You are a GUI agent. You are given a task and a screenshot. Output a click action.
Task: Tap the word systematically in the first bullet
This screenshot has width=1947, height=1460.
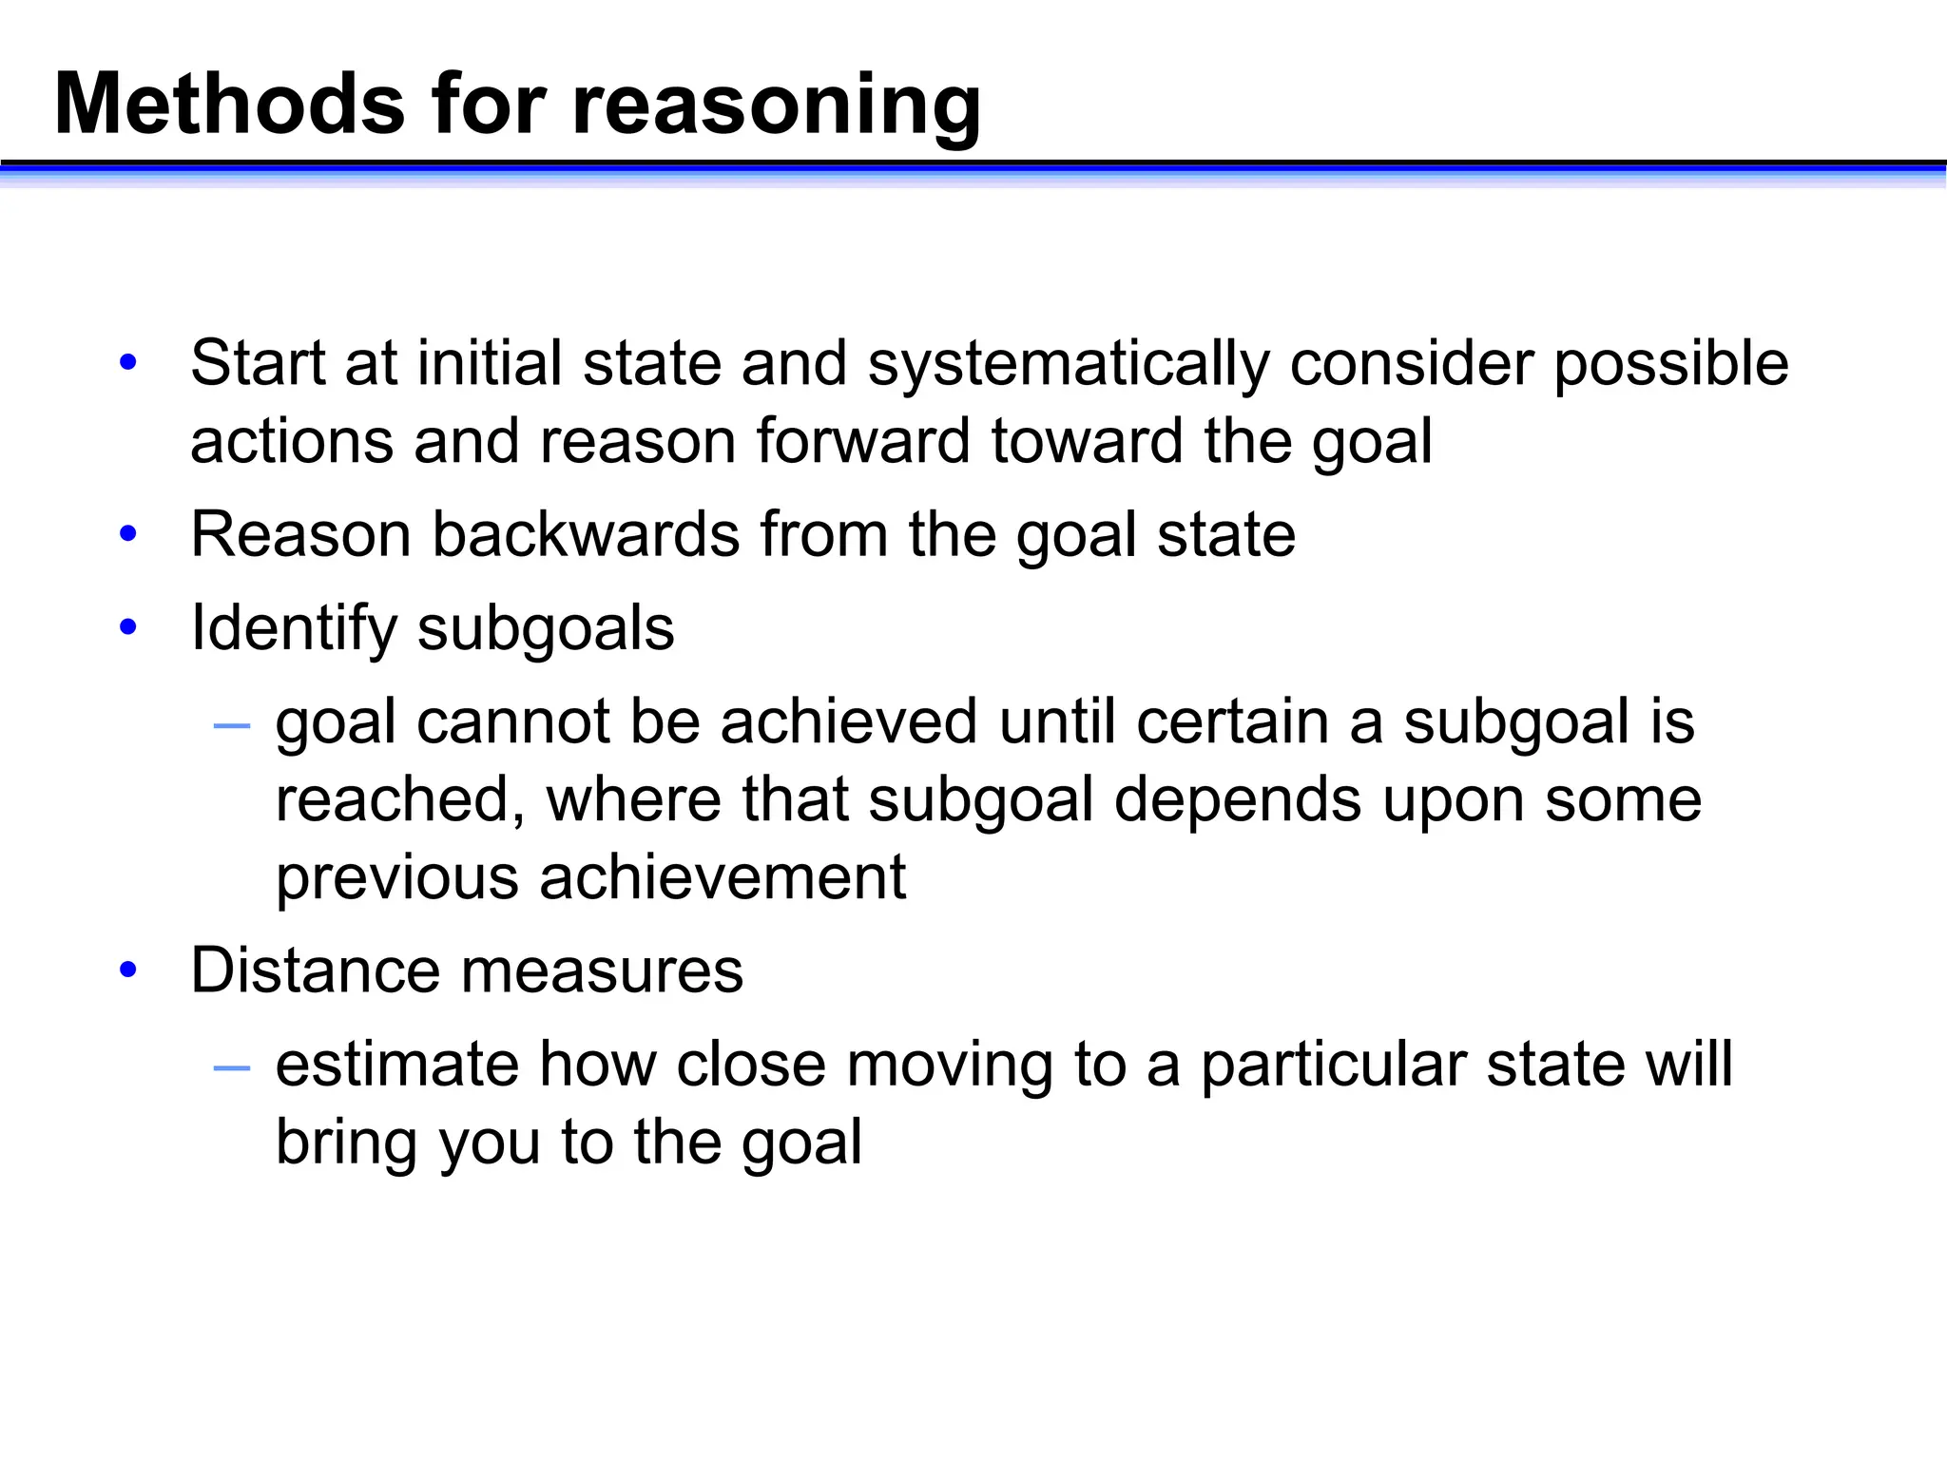[x=1069, y=365]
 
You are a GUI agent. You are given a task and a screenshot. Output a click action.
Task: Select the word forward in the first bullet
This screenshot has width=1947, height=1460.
[x=863, y=442]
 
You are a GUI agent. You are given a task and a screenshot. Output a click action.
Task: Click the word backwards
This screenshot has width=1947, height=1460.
[x=586, y=534]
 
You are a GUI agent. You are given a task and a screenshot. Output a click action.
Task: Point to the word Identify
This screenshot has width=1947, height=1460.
[x=294, y=629]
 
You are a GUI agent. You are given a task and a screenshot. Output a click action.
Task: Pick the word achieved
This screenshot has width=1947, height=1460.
[x=849, y=721]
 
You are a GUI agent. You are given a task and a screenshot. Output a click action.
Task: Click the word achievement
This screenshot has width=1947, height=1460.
[x=723, y=877]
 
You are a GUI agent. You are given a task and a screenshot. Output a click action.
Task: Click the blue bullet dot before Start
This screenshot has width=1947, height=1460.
[x=128, y=363]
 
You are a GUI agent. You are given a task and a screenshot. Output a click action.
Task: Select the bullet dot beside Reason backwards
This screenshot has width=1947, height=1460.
[x=128, y=534]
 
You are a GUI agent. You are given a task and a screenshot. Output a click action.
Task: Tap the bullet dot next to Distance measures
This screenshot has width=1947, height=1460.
[x=128, y=970]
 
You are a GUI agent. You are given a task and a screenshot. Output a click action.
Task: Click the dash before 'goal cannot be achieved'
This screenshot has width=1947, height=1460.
[x=232, y=726]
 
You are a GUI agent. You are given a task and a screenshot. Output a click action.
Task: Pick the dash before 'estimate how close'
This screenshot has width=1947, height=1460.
[x=232, y=1068]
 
